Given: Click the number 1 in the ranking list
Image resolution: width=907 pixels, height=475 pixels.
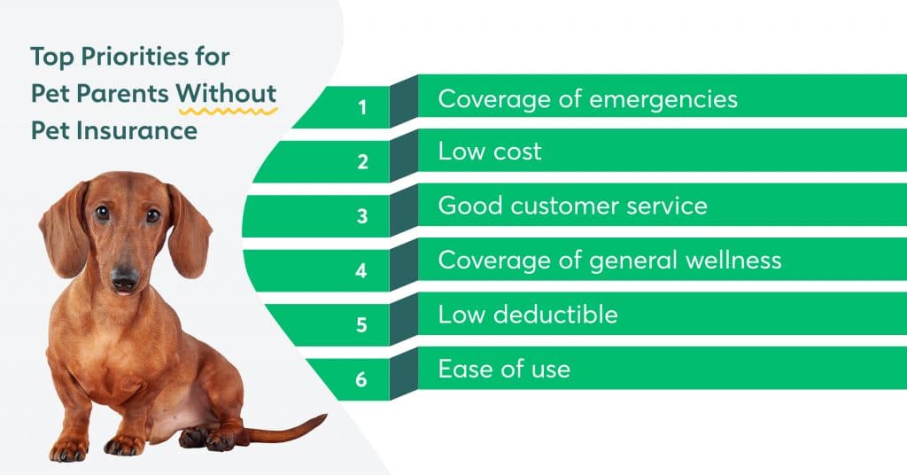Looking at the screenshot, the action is [362, 107].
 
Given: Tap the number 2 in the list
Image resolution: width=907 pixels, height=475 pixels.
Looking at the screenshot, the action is [362, 161].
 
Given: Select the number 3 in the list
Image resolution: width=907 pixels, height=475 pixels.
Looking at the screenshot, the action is [362, 216].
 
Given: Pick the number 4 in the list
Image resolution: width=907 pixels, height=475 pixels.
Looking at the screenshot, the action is [361, 270].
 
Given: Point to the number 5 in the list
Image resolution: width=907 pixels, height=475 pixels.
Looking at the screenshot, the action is [361, 324].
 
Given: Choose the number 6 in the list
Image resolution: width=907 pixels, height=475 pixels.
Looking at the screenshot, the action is [361, 379].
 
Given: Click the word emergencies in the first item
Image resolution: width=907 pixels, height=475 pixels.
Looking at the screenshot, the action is [663, 100].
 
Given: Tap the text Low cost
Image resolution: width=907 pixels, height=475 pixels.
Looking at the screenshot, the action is [490, 151].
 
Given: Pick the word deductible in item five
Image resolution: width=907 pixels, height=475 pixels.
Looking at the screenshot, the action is [556, 315].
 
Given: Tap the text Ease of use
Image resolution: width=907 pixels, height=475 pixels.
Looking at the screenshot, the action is [504, 370].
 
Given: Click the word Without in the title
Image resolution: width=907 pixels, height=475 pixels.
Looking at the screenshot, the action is [226, 93].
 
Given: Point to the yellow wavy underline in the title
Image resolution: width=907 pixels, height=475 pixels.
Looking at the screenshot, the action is [228, 110].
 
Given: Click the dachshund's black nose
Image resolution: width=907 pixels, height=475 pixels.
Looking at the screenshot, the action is [125, 276].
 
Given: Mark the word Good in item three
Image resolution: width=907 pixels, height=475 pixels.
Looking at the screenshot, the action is [470, 206].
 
